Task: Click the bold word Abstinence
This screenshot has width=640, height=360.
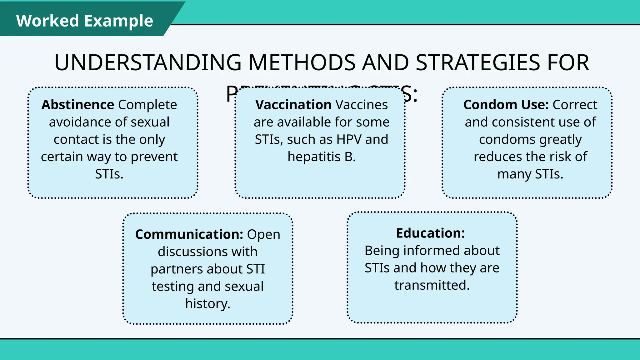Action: tap(77, 105)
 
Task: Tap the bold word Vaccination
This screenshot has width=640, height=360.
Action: tap(293, 105)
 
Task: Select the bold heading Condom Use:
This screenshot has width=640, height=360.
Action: tap(506, 105)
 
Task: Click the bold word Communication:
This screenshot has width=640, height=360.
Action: tap(189, 234)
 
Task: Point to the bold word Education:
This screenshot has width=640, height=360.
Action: tap(430, 233)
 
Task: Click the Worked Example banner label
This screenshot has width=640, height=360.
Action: tap(84, 21)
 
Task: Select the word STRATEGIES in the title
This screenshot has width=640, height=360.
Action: tap(478, 62)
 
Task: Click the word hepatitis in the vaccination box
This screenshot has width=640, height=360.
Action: tap(314, 157)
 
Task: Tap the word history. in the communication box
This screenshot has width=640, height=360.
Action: tap(207, 304)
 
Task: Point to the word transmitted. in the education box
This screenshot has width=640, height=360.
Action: tap(432, 285)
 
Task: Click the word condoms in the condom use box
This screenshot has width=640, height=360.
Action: tap(507, 139)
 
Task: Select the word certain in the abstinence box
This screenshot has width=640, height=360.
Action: tap(62, 157)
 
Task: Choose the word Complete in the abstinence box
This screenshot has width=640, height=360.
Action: tap(147, 105)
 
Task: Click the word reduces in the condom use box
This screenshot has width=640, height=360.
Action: tap(496, 157)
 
